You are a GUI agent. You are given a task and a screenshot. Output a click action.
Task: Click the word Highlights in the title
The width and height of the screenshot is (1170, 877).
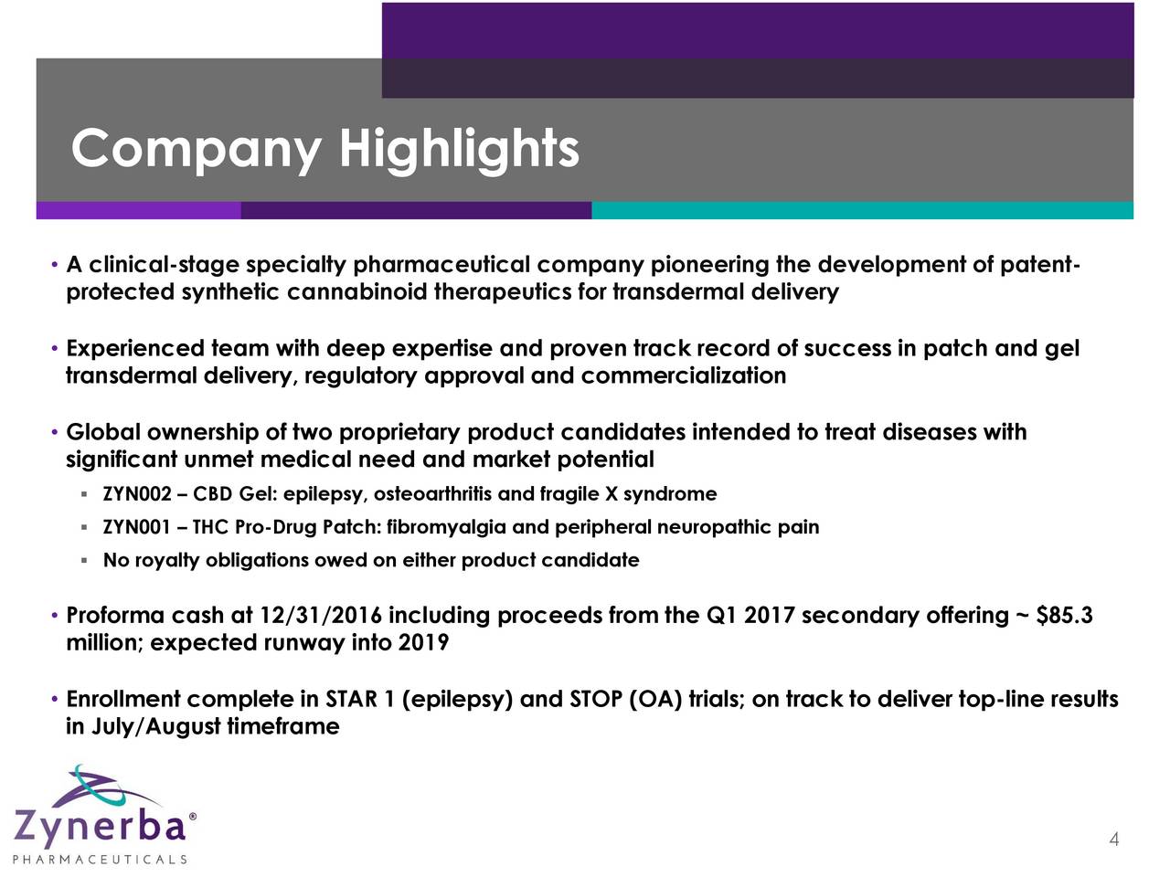[460, 151]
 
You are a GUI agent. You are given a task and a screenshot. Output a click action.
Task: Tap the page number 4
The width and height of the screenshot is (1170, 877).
[1113, 840]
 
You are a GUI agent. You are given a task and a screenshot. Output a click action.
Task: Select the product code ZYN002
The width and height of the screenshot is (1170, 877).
[137, 494]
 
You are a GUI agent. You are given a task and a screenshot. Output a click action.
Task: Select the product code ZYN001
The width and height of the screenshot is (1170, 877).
[137, 527]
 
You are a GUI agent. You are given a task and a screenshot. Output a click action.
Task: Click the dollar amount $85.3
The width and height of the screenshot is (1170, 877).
[1064, 615]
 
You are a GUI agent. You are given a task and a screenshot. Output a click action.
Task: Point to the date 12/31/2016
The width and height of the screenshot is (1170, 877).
[320, 616]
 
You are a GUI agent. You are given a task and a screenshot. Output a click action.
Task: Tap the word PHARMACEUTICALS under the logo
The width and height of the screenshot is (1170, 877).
[100, 860]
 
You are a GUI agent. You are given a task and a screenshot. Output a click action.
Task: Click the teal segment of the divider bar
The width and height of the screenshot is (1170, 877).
[863, 210]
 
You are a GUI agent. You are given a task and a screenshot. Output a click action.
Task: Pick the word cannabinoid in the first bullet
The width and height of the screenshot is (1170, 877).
[357, 291]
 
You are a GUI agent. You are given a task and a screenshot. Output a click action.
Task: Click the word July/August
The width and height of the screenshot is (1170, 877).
[156, 726]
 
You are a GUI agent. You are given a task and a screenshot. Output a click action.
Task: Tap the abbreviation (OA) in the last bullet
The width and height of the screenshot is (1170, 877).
[655, 699]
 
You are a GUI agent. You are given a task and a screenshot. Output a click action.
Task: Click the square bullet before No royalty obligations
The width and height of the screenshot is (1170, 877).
[84, 560]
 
